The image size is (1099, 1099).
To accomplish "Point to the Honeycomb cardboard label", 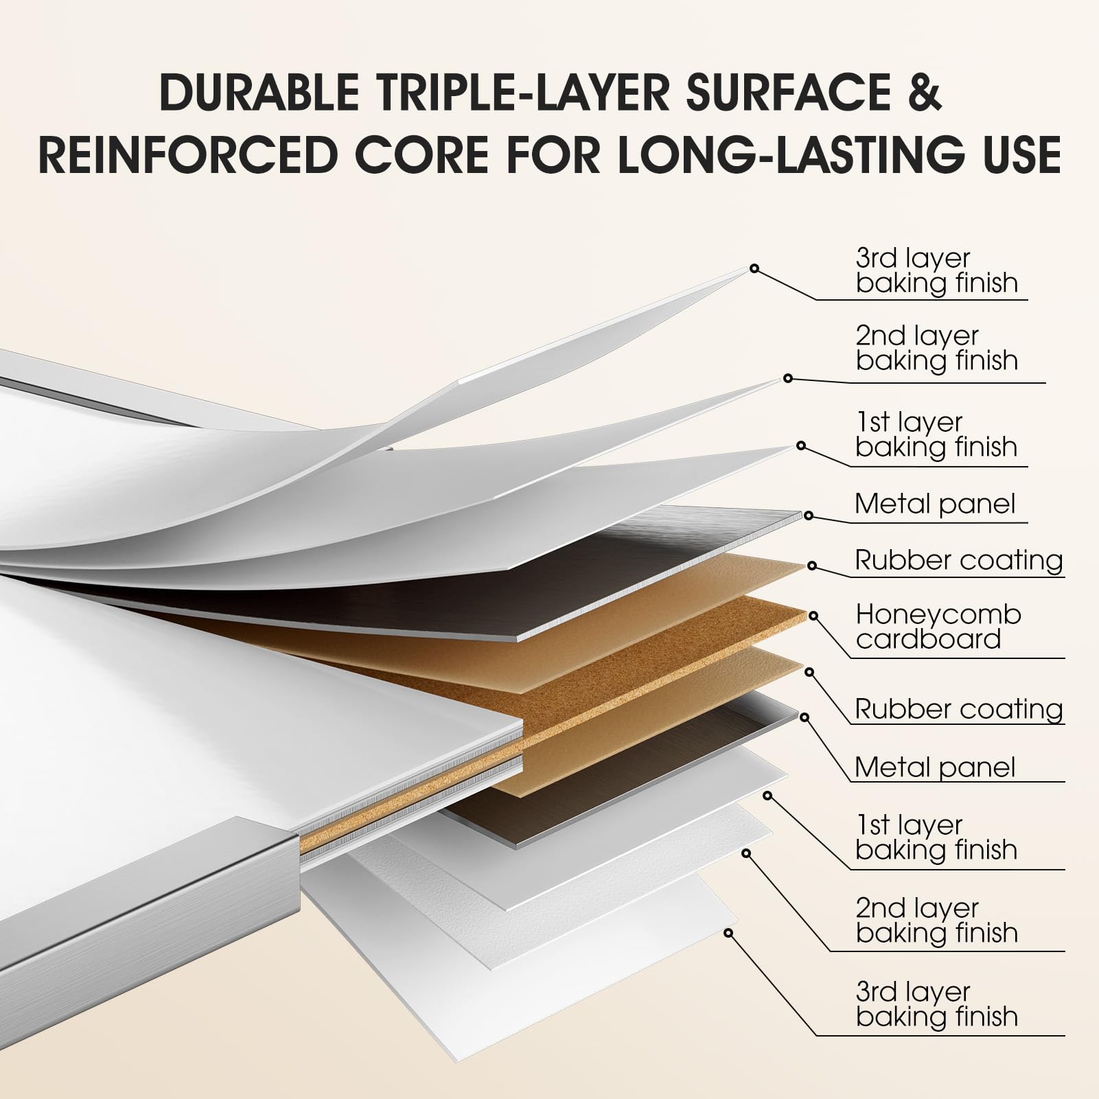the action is tap(938, 627).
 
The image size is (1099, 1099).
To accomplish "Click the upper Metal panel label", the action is tap(935, 504).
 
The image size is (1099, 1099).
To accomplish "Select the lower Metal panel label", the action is tap(935, 767).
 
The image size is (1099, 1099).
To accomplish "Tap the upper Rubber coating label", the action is tap(959, 560).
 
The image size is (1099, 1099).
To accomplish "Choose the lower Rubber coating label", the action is tap(959, 708).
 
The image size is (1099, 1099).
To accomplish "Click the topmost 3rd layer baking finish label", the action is tap(936, 270).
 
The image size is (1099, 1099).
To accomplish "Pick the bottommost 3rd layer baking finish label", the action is tap(936, 1004).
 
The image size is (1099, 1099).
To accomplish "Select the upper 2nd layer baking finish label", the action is tap(936, 348).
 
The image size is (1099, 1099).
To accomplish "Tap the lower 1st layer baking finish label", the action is tap(936, 837).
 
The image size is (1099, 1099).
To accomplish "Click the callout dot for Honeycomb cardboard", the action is tap(813, 616).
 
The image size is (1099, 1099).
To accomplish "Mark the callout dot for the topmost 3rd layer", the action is tap(754, 268).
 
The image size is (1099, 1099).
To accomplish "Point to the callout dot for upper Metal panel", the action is tap(809, 516).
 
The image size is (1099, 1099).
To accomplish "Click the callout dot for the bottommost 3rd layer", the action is tap(728, 933).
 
